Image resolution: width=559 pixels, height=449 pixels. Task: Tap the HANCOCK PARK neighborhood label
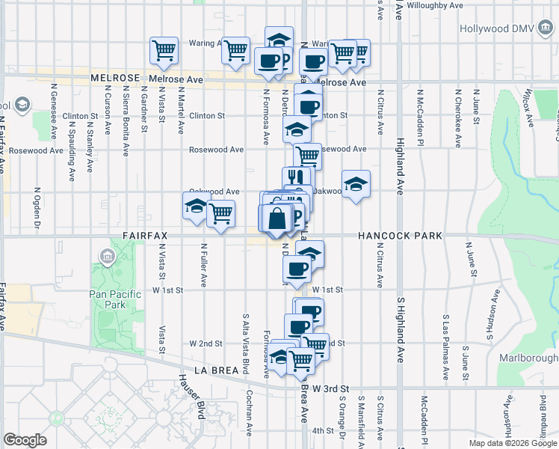(x=400, y=236)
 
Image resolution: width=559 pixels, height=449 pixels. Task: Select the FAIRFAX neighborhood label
(x=144, y=236)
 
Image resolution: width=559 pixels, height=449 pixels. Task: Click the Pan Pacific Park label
(x=115, y=300)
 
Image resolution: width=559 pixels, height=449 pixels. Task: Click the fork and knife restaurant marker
(x=297, y=178)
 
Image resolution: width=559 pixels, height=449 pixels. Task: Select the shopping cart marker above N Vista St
(x=164, y=49)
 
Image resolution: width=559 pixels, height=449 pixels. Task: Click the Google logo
(x=25, y=439)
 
